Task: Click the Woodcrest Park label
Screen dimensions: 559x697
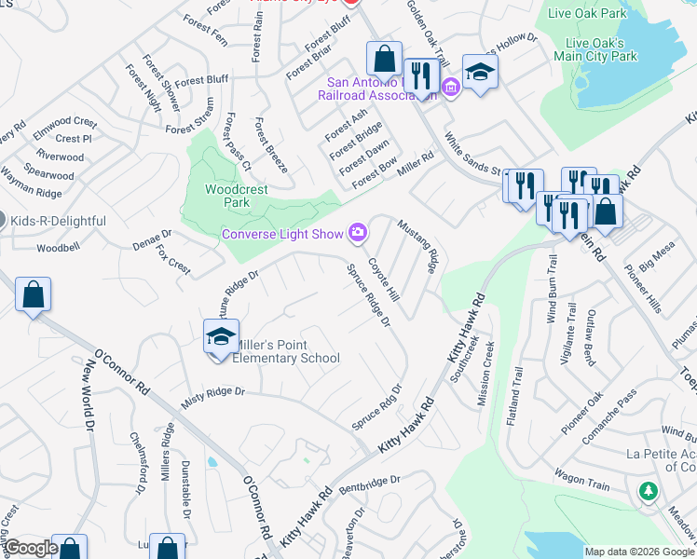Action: tap(236, 196)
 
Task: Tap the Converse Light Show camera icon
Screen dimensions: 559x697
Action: tap(357, 232)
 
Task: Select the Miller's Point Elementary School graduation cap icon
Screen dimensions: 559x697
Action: tap(222, 335)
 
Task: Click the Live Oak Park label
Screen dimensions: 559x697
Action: tap(588, 14)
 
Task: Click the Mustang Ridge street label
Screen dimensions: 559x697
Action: tap(418, 246)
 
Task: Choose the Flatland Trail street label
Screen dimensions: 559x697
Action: tap(513, 395)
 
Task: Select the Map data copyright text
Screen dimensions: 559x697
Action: tap(638, 552)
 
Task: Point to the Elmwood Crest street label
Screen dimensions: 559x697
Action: tap(65, 122)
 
